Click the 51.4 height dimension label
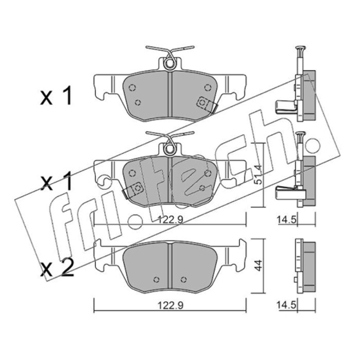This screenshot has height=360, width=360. click(258, 175)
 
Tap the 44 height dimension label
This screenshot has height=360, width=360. click(258, 265)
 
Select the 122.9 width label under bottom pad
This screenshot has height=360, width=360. click(170, 306)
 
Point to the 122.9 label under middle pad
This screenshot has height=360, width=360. click(170, 220)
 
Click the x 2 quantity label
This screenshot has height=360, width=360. click(57, 268)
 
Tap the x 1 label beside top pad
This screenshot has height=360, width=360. click(56, 96)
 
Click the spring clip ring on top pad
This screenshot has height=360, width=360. click(170, 64)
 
